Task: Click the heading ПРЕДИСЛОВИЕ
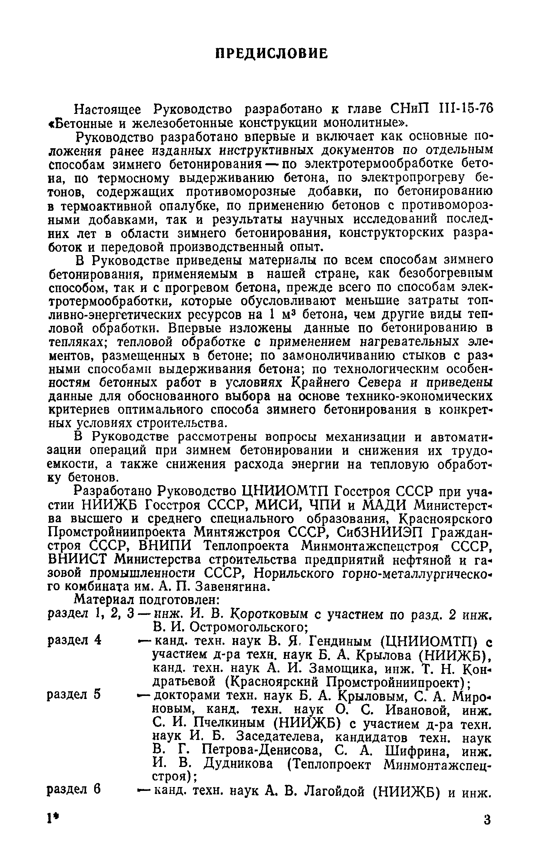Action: click(x=271, y=54)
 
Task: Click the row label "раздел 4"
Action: click(x=74, y=640)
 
